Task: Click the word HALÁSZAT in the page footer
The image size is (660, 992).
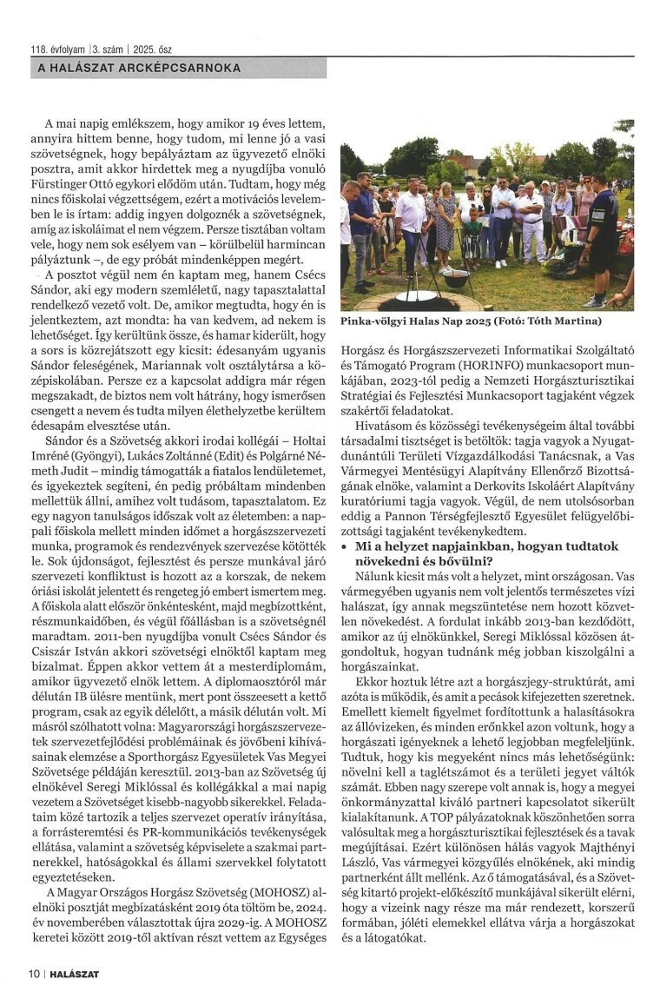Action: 73,974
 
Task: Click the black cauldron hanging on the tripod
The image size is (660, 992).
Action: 456,277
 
